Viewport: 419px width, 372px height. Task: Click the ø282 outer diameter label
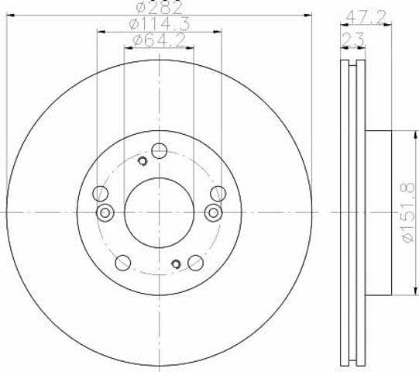[x=160, y=8]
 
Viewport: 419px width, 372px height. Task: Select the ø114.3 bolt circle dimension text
[x=160, y=23]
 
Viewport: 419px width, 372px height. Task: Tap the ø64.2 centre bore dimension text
[x=160, y=40]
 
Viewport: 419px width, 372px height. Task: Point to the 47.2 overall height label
[x=366, y=17]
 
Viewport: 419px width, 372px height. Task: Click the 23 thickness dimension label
[x=353, y=40]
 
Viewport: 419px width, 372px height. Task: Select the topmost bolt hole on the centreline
[x=160, y=151]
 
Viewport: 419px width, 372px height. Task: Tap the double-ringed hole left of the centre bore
[x=105, y=213]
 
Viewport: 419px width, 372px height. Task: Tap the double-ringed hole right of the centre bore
[x=213, y=213]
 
